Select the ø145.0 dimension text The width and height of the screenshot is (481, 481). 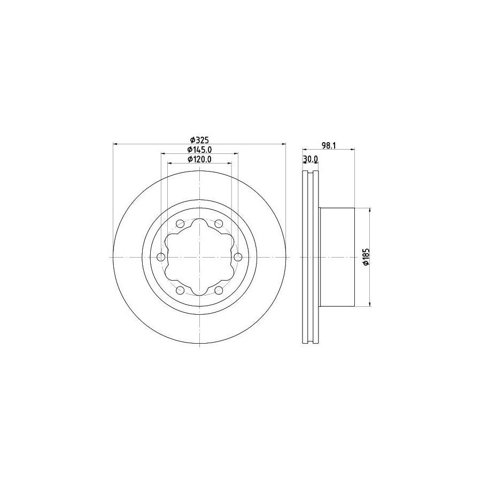point(199,150)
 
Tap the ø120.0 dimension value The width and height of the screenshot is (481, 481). point(199,159)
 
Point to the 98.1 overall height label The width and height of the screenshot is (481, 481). point(329,144)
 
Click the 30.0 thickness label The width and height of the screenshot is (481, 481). point(311,159)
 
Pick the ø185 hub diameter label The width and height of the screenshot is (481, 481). point(366,258)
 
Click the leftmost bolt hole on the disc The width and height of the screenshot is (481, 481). point(161,258)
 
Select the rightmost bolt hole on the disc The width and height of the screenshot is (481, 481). point(237,258)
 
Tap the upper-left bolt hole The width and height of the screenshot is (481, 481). point(180,223)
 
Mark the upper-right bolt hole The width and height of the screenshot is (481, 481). point(219,223)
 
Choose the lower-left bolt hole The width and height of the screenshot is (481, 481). point(180,290)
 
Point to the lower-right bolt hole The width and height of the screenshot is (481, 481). point(219,290)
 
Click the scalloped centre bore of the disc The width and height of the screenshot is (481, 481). point(199,258)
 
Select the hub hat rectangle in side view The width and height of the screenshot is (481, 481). point(337,258)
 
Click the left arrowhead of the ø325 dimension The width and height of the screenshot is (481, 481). point(115,144)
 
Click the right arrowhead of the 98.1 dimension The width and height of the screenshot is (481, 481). point(353,149)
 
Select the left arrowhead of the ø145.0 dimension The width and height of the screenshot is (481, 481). point(162,153)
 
